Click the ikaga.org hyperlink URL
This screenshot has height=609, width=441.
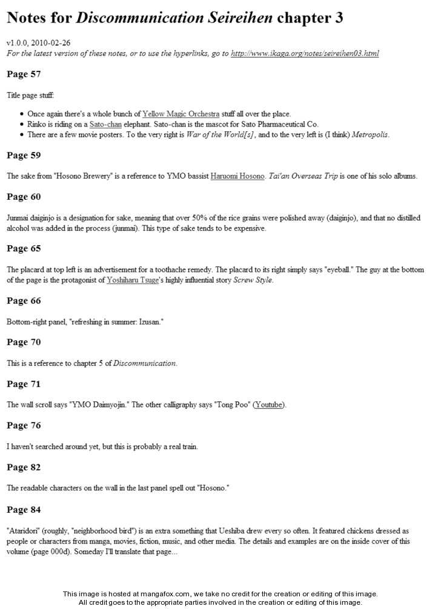point(305,53)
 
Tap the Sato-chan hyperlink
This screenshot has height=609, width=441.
point(105,124)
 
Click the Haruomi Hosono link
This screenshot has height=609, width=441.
point(237,176)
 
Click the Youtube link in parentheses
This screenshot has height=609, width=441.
point(268,404)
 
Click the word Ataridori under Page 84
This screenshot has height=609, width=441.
point(23,530)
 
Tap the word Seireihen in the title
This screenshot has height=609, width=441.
point(238,18)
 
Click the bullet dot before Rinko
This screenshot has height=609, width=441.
point(22,125)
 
